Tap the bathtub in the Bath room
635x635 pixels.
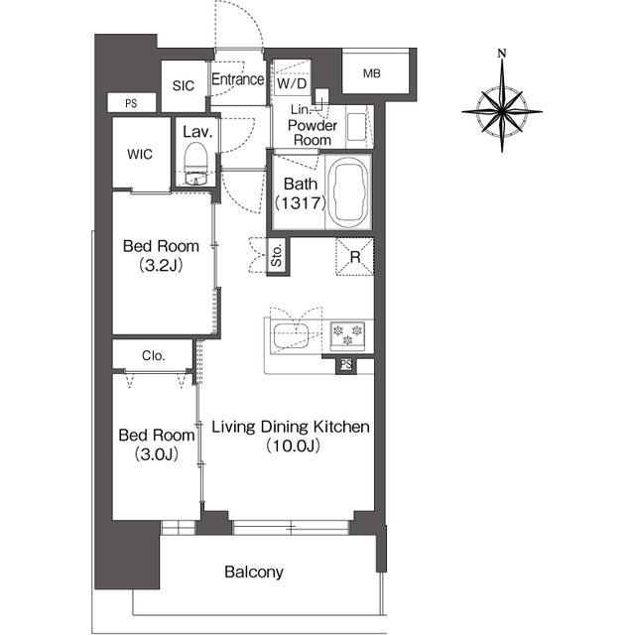[348, 191]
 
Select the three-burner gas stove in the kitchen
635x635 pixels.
[347, 335]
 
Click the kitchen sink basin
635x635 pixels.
[291, 335]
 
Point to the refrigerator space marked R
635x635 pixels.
[355, 257]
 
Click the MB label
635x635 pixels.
[372, 73]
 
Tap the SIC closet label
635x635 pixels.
[183, 85]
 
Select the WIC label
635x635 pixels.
[140, 154]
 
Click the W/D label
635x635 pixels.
[292, 83]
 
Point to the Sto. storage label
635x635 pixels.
[276, 256]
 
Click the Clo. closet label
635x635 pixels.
[154, 355]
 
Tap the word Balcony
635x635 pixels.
[254, 572]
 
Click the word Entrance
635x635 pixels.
[238, 79]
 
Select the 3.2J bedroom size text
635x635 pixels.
[161, 266]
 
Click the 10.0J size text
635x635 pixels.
[294, 445]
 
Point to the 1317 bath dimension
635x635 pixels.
[301, 202]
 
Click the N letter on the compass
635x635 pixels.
[502, 53]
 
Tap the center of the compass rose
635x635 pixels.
[502, 111]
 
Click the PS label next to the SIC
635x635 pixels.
[131, 103]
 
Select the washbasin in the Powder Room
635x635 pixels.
[356, 126]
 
